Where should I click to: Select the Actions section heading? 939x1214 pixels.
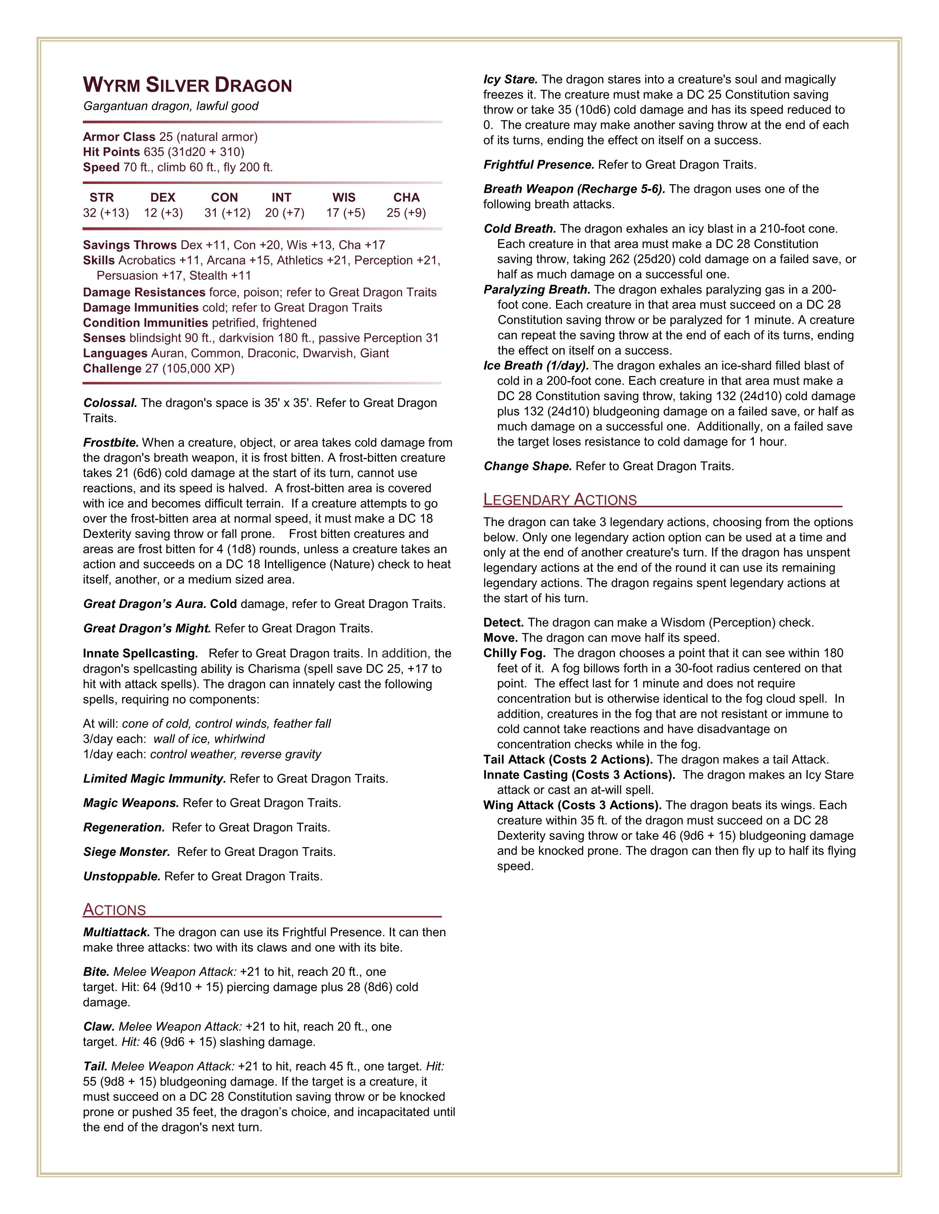115,909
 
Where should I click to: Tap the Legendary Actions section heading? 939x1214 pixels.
560,500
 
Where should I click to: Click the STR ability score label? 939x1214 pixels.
101,197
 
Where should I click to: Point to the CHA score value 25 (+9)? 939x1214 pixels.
406,213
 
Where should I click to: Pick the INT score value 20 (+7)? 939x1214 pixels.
284,213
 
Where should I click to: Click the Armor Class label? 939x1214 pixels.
119,137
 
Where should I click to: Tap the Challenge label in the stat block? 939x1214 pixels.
112,369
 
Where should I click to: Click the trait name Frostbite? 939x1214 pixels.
111,443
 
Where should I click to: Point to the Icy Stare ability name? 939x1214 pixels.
510,79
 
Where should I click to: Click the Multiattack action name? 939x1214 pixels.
116,932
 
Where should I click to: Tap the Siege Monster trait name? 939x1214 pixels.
127,852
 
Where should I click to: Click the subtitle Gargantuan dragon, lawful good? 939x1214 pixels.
171,106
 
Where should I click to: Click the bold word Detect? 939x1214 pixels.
503,622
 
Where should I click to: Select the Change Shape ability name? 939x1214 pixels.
527,466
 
